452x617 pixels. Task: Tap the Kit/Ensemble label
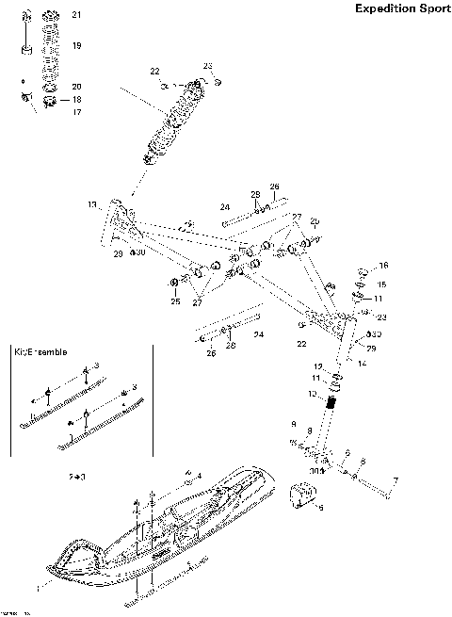pyautogui.click(x=40, y=351)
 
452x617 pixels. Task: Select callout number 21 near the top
pyautogui.click(x=76, y=16)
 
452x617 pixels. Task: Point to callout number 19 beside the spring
pyautogui.click(x=76, y=45)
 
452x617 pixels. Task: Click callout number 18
pyautogui.click(x=76, y=99)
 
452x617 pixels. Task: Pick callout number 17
pyautogui.click(x=76, y=112)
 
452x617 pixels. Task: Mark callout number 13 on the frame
pyautogui.click(x=92, y=204)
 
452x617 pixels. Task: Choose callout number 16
pyautogui.click(x=383, y=266)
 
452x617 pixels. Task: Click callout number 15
pyautogui.click(x=381, y=284)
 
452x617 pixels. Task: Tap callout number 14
pyautogui.click(x=363, y=362)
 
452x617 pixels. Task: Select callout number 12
pyautogui.click(x=318, y=366)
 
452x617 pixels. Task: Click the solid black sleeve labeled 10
pyautogui.click(x=331, y=402)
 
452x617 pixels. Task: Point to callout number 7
pyautogui.click(x=395, y=480)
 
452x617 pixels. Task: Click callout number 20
pyautogui.click(x=76, y=86)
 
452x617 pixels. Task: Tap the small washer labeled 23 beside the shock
pyautogui.click(x=218, y=83)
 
